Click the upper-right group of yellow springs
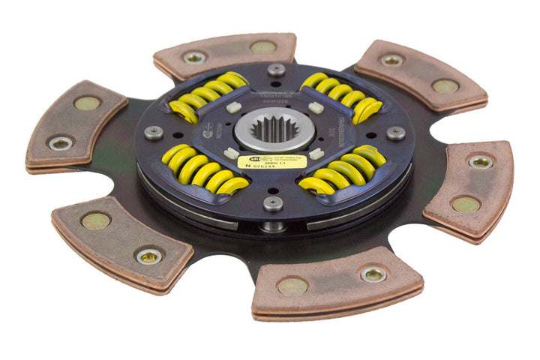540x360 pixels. (340, 94)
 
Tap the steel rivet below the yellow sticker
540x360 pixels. (274, 202)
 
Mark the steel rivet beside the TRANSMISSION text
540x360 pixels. (395, 133)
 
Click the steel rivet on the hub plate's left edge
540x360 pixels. (154, 132)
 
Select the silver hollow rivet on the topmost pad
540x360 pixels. (194, 57)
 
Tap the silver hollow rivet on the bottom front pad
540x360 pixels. (373, 274)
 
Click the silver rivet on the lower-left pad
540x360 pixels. (148, 256)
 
